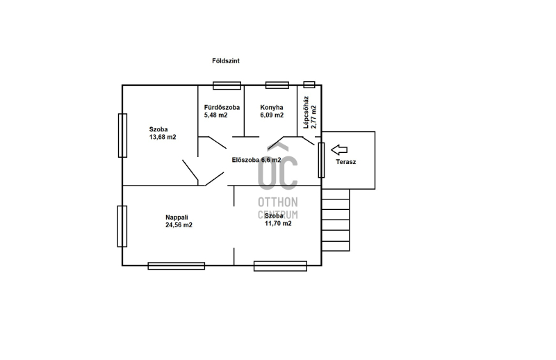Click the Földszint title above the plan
coord(225,61)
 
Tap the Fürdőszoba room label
coord(222,108)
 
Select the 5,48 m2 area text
coord(215,115)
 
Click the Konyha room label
coord(272,108)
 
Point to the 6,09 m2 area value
coord(272,115)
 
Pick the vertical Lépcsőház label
coord(306,112)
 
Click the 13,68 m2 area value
coord(163,138)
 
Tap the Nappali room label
coord(177,218)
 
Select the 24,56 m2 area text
coord(179,225)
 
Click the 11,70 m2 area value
coord(278,224)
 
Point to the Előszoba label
coord(245,160)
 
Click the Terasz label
coord(345,162)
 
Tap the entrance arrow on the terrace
coord(339,149)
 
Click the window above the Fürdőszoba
coord(227,85)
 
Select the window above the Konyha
coord(277,85)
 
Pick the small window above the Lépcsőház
coord(309,85)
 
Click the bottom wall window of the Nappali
coord(177,265)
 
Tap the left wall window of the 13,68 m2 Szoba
coord(122,136)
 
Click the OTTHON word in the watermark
coord(277,202)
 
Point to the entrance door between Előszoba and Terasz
coord(321,161)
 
